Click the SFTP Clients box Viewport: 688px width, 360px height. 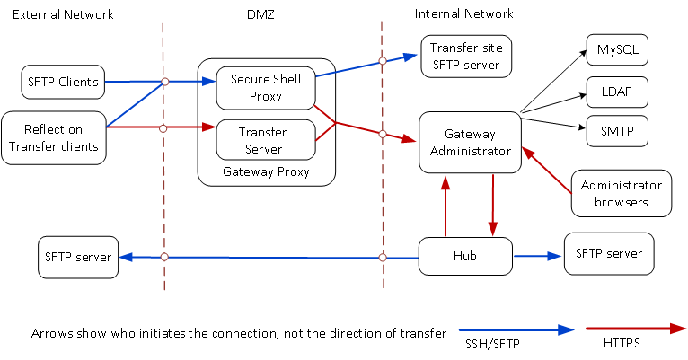(x=62, y=81)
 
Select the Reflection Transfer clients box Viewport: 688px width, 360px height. (x=54, y=137)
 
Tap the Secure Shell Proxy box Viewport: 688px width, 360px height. (x=266, y=88)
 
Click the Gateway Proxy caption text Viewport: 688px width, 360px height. (x=266, y=171)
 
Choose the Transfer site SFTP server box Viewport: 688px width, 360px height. (x=465, y=57)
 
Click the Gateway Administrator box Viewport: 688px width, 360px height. (x=470, y=143)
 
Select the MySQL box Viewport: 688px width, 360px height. (x=617, y=49)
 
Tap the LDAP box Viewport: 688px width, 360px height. (x=617, y=91)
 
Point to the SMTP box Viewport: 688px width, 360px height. (x=617, y=131)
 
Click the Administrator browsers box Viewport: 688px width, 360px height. (x=622, y=193)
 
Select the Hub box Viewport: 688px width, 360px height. (x=465, y=256)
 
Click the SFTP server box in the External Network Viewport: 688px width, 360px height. (x=78, y=258)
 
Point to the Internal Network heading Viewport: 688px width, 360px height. (x=463, y=13)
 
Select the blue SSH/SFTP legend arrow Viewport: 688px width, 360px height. (x=516, y=329)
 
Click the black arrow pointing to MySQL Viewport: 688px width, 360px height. (x=552, y=82)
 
